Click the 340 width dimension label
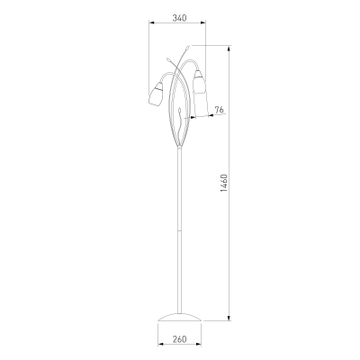179,18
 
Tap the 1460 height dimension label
224,183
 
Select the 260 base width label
179,339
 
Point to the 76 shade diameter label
220,110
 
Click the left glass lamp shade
157,95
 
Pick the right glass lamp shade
199,80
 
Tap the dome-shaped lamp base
179,318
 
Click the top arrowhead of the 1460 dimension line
229,49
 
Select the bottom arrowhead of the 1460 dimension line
229,318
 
